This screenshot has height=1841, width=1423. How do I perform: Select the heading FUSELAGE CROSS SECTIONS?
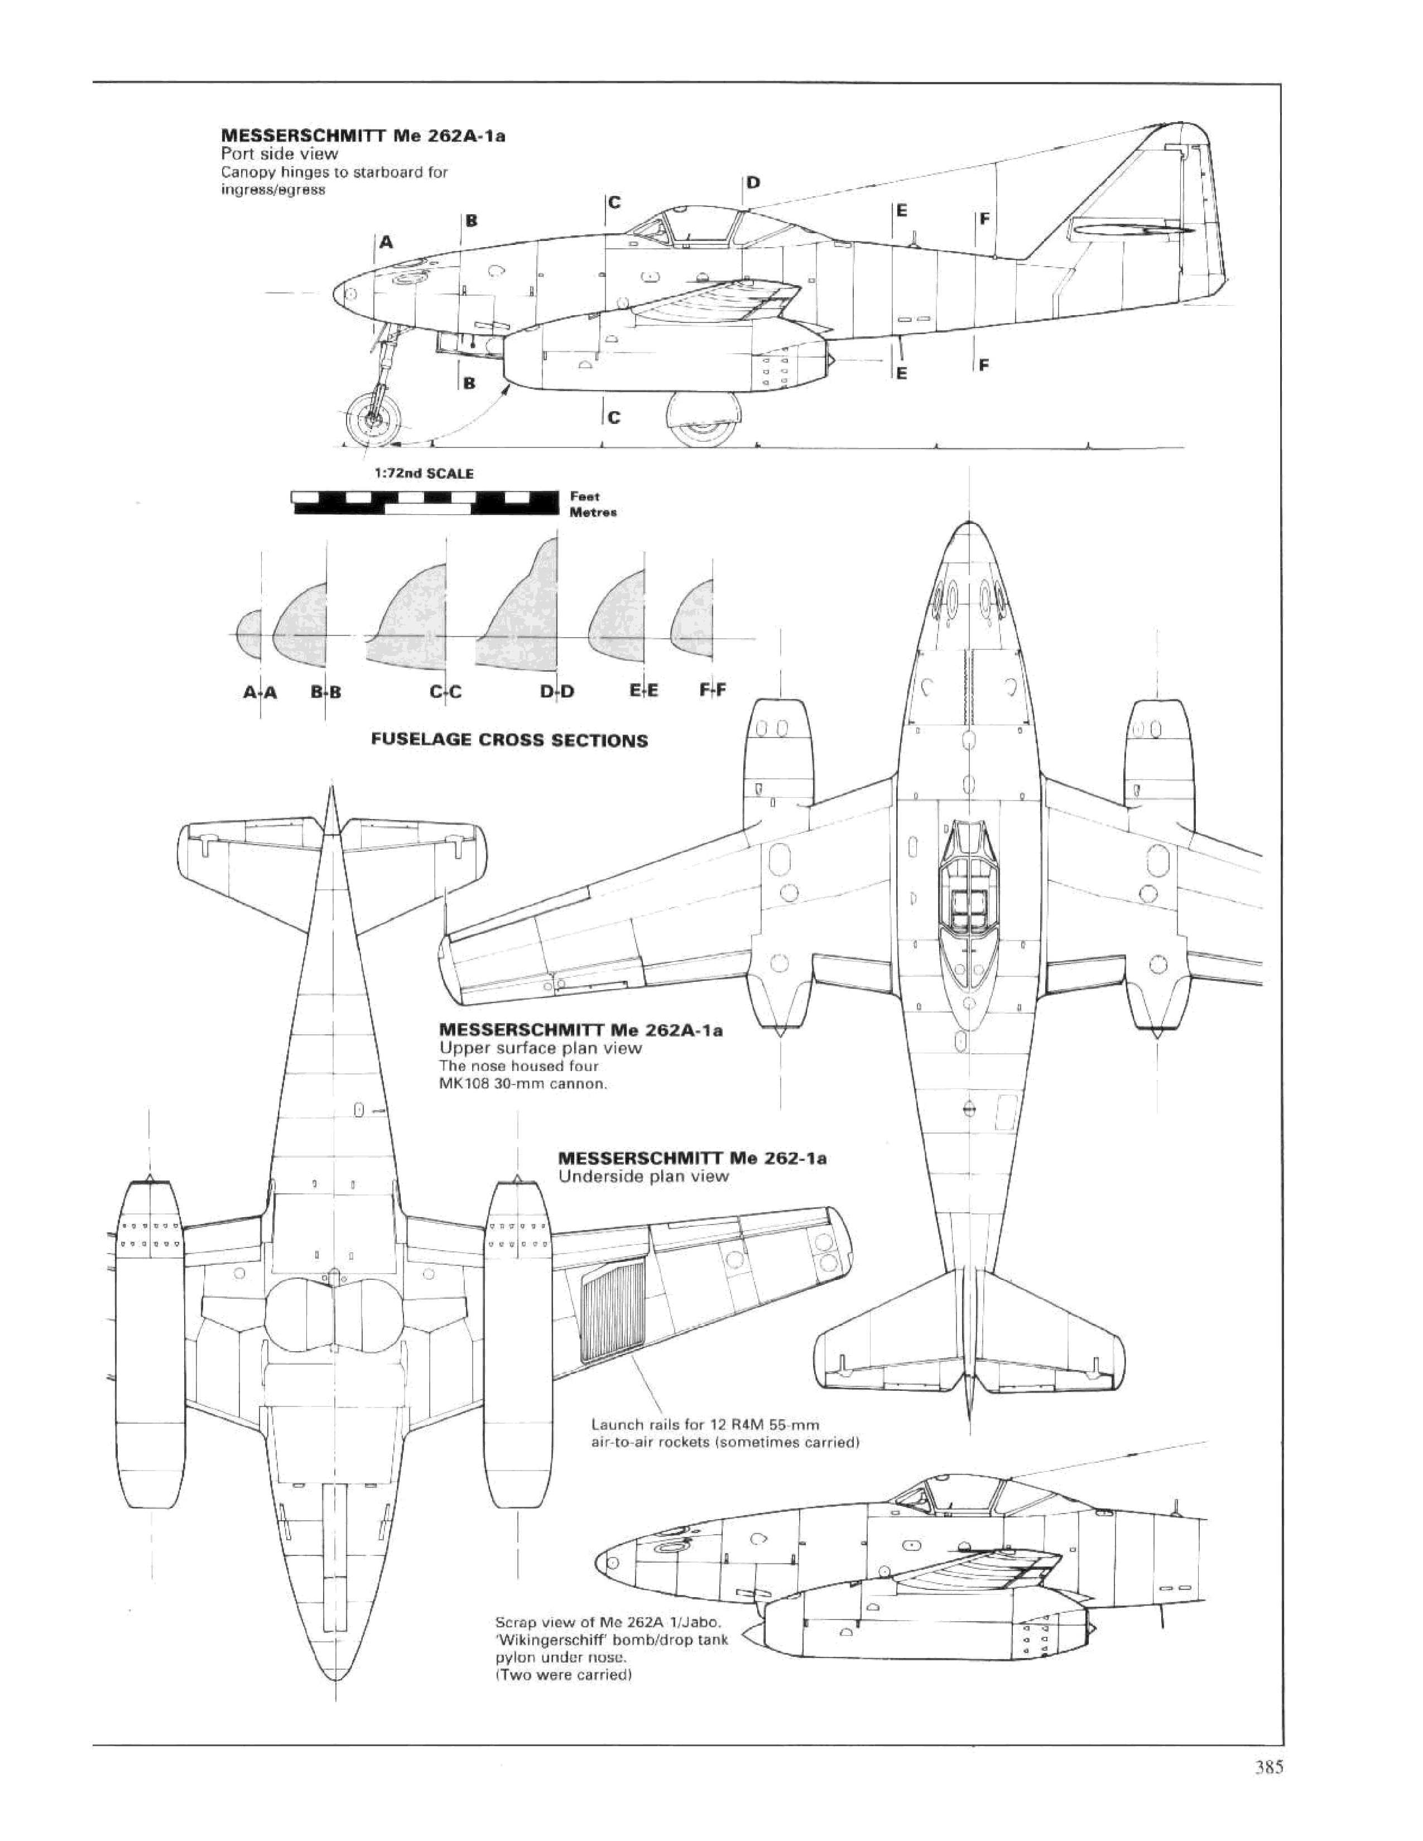click(x=509, y=741)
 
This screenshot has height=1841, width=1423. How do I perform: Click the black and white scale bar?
click(x=423, y=503)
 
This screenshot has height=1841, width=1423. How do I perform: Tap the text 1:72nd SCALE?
click(x=424, y=474)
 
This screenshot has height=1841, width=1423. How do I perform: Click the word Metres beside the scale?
click(x=594, y=512)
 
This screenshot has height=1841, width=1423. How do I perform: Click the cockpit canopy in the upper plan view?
click(x=967, y=885)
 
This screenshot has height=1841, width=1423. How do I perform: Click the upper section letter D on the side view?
click(x=753, y=182)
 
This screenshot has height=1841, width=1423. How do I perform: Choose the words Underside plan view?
click(x=643, y=1176)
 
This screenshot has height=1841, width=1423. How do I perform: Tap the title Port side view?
click(x=279, y=153)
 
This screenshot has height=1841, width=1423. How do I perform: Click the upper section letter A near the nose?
click(x=386, y=243)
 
